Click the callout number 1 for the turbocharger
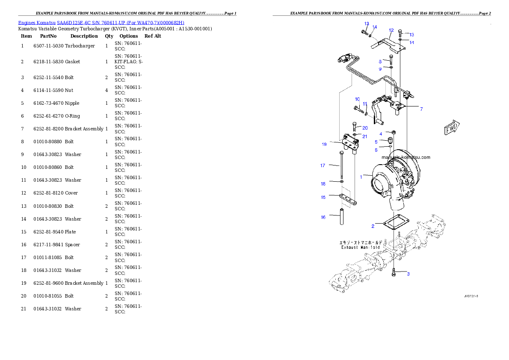361,177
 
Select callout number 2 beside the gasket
373,226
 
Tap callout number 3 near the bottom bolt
408,274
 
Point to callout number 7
421,109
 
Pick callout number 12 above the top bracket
391,30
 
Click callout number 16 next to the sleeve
323,217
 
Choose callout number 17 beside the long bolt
323,165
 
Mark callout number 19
324,145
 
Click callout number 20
365,128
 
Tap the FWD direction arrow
452,127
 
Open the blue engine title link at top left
101,23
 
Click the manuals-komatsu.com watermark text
405,157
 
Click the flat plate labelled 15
349,199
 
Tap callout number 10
357,99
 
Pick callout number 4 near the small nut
381,134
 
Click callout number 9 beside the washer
380,69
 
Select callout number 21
365,136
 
